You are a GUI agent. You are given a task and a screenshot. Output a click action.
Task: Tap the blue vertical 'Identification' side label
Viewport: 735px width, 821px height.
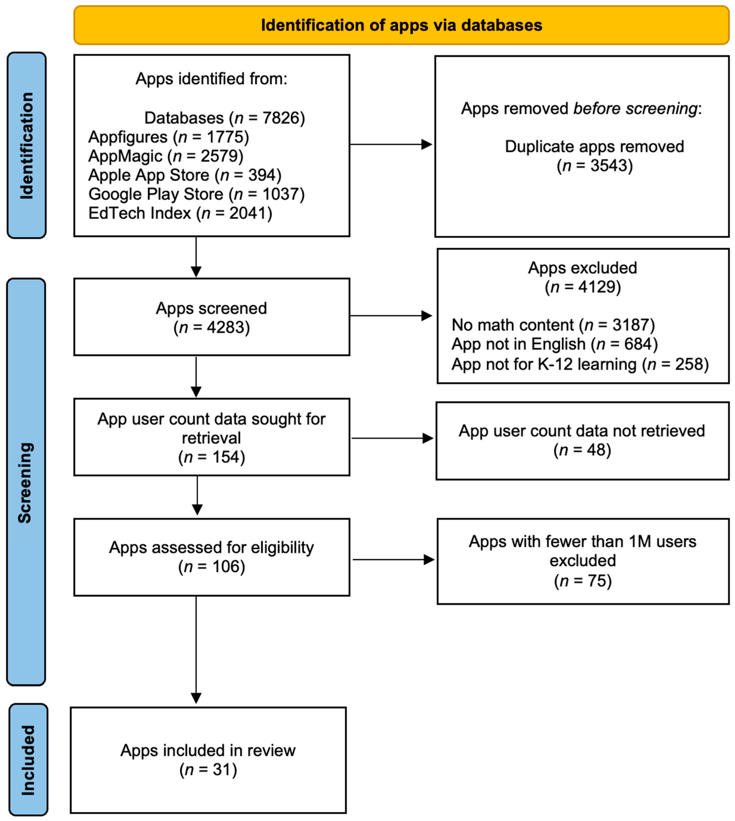click(x=27, y=145)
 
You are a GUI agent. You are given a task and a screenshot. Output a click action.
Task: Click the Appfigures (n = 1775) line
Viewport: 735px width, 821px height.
click(x=168, y=137)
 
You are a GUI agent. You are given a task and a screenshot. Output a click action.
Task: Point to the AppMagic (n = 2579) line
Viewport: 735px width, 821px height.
click(x=166, y=156)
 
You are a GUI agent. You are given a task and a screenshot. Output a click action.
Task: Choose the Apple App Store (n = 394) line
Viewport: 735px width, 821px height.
click(x=185, y=175)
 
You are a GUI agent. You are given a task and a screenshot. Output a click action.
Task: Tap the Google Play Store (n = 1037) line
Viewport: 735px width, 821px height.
click(x=196, y=194)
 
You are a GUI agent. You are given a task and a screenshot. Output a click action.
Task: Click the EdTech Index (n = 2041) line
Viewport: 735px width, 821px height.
click(x=180, y=213)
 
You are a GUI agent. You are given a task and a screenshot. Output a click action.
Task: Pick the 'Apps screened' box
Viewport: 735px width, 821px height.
click(x=212, y=317)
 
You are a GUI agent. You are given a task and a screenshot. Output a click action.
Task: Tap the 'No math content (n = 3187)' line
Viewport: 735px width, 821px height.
click(x=553, y=325)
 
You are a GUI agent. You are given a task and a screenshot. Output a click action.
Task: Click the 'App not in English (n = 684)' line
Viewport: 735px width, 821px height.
click(x=554, y=344)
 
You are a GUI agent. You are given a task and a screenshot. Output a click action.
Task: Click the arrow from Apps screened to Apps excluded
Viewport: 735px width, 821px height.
click(x=390, y=316)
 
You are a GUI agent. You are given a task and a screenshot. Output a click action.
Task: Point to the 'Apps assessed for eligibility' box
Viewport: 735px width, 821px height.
click(x=212, y=557)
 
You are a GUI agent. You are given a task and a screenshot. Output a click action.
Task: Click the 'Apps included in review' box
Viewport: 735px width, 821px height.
click(x=208, y=760)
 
